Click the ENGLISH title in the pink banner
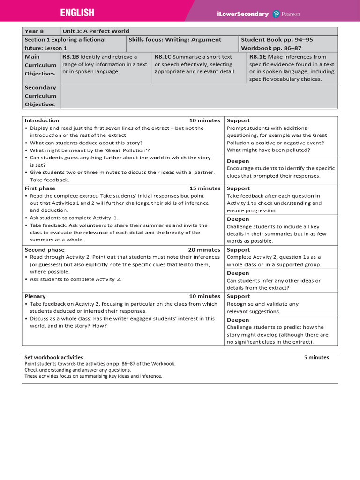[77, 13]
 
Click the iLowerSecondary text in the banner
[243, 14]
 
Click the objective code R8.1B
[70, 57]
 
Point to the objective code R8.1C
[163, 57]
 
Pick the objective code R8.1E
[257, 57]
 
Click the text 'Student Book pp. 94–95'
[277, 40]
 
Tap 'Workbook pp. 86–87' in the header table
[271, 48]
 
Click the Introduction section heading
[42, 120]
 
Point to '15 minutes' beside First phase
[204, 188]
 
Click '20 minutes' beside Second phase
[204, 250]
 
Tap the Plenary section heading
[35, 296]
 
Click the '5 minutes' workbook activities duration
[316, 357]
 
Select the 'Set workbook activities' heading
[53, 357]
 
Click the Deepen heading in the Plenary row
[238, 320]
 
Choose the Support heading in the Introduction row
[238, 120]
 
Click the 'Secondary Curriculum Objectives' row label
[40, 96]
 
